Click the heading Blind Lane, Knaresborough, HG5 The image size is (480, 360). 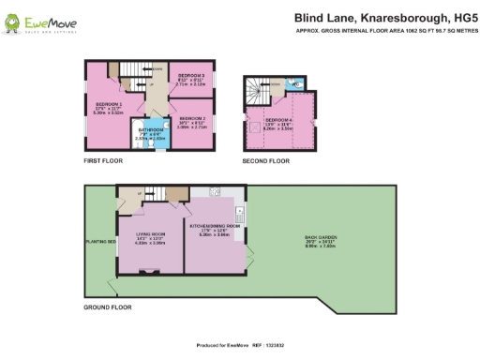371,17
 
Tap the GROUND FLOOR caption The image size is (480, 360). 106,307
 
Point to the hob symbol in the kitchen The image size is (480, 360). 216,192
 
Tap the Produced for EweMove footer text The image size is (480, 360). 239,345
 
